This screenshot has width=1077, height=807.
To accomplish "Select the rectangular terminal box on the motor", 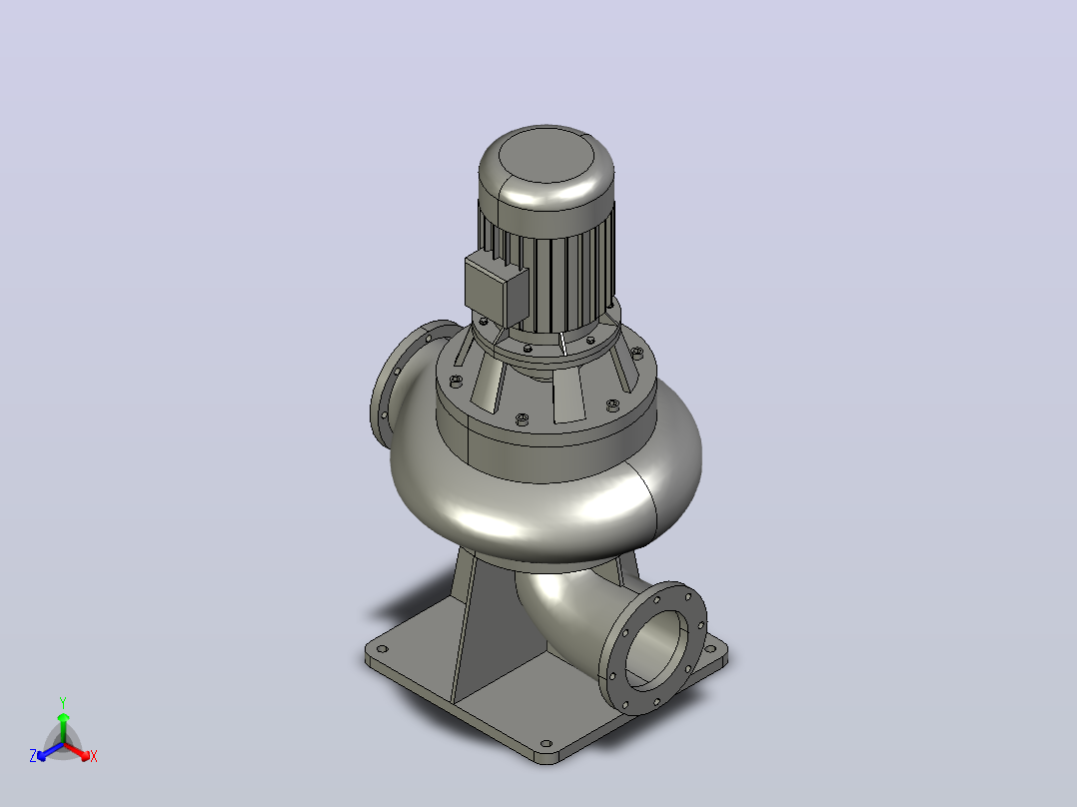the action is tap(496, 290).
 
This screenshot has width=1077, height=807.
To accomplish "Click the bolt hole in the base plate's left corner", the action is tap(382, 647).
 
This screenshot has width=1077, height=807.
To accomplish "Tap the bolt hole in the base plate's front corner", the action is tap(546, 744).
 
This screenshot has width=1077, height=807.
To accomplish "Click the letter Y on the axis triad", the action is tap(63, 702).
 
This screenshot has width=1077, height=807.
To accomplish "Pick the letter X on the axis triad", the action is tap(94, 756).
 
